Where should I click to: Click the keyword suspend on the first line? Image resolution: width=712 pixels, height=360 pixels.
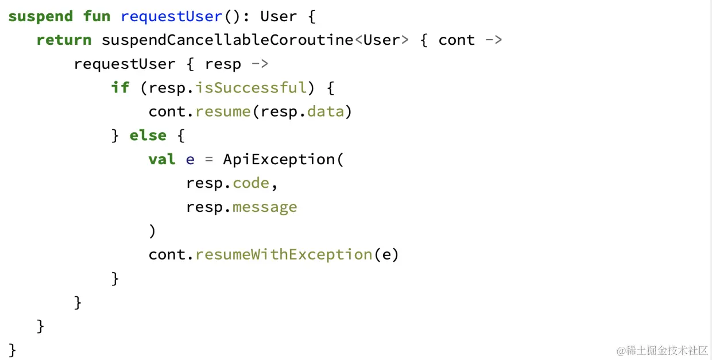[x=40, y=16]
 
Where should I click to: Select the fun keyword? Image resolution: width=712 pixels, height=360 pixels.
[x=96, y=16]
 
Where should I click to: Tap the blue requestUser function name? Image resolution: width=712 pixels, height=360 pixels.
[x=171, y=16]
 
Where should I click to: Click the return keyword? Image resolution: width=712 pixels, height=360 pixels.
[x=64, y=40]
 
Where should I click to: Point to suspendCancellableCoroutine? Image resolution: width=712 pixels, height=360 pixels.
[x=227, y=40]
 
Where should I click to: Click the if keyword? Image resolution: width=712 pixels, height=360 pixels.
[x=120, y=87]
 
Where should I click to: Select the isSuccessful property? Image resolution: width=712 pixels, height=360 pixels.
[x=250, y=87]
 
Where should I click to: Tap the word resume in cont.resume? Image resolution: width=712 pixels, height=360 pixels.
[x=222, y=111]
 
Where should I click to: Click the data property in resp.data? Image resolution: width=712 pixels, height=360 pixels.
[x=326, y=111]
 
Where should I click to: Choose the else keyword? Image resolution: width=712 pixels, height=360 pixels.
[x=148, y=136]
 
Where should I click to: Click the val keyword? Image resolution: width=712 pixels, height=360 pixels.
[x=162, y=159]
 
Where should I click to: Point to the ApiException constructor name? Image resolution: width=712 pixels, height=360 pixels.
[x=279, y=159]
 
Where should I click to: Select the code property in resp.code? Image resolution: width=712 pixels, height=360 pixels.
[x=251, y=183]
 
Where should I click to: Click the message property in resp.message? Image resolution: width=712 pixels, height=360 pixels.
[x=265, y=207]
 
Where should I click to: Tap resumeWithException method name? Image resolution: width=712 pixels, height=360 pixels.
[x=284, y=254]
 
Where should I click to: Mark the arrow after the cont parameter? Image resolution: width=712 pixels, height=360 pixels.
[x=494, y=40]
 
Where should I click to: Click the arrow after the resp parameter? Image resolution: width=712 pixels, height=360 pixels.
[x=260, y=64]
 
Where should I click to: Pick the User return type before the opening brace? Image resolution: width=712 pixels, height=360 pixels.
[x=278, y=16]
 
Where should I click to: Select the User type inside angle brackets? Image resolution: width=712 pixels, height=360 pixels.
[x=382, y=40]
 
